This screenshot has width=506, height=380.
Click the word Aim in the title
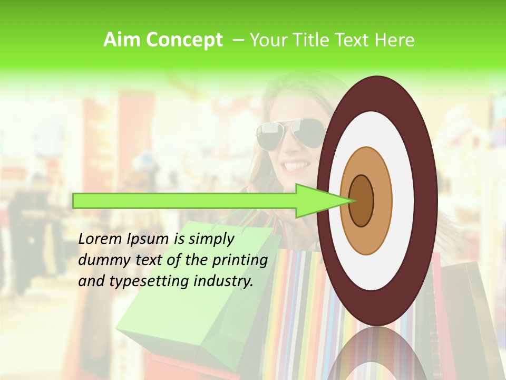click(122, 40)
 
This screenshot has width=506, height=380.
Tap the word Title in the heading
click(309, 40)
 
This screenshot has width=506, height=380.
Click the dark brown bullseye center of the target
click(362, 201)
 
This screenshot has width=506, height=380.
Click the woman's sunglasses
click(290, 132)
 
